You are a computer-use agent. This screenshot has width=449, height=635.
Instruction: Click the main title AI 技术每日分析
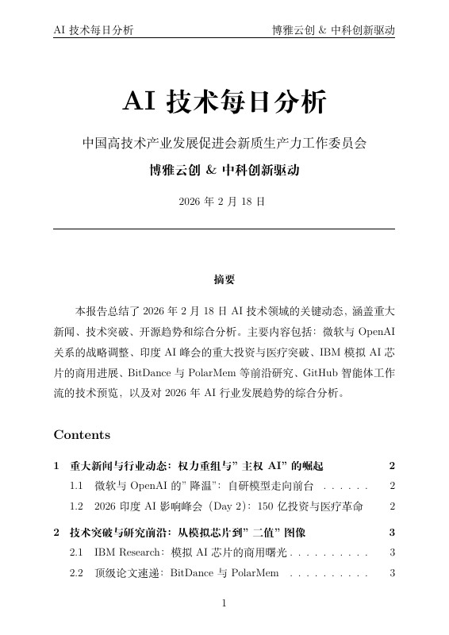[x=224, y=102]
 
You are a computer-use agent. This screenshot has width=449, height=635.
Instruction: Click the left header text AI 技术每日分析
[x=93, y=30]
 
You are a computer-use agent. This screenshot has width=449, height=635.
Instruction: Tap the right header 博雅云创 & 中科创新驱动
[x=333, y=30]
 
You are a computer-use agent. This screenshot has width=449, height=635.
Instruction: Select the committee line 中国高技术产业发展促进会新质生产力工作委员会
[x=224, y=144]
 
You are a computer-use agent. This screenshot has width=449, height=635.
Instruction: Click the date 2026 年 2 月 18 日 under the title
[x=224, y=202]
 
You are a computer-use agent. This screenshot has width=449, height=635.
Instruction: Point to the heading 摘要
[x=224, y=279]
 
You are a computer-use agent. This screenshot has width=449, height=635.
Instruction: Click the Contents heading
[x=82, y=435]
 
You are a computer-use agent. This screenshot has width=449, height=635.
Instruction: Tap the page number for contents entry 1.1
[x=392, y=485]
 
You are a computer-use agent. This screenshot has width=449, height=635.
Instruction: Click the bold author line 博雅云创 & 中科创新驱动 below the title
[x=224, y=170]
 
